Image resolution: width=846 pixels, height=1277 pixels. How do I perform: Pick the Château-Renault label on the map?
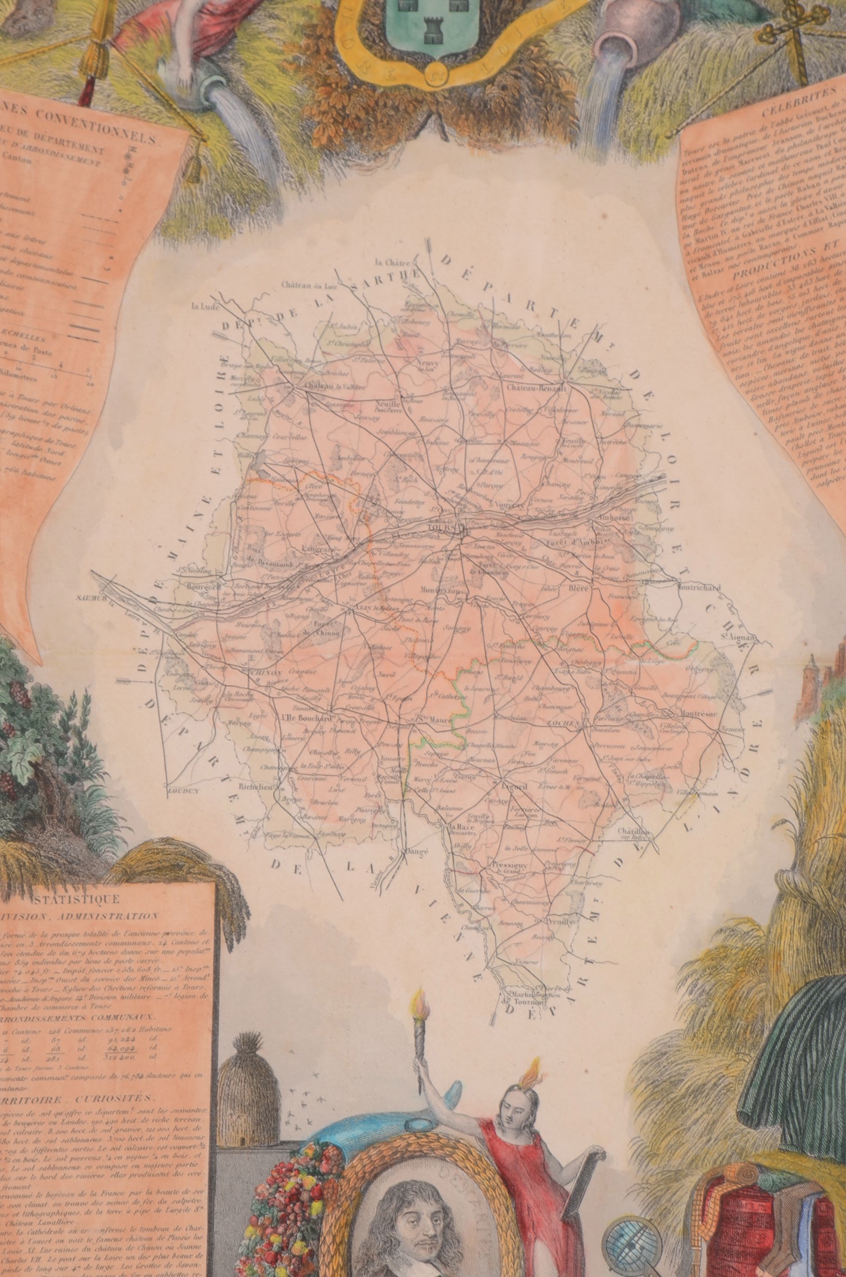click(x=531, y=388)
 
